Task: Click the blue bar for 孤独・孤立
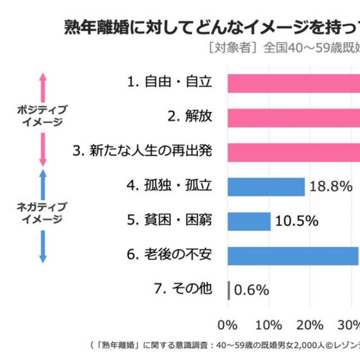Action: click(266, 187)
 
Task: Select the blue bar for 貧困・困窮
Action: click(249, 221)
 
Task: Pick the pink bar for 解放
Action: click(293, 117)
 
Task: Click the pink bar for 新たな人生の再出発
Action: click(293, 152)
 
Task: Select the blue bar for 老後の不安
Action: click(293, 255)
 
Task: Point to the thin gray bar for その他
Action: click(228, 290)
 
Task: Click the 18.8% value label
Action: click(331, 187)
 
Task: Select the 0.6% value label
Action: click(251, 291)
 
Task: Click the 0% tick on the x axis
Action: click(227, 325)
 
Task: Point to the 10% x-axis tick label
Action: click(269, 325)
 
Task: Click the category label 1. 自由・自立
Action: click(169, 82)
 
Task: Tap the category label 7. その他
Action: click(183, 290)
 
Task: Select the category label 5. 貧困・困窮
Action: click(169, 220)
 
